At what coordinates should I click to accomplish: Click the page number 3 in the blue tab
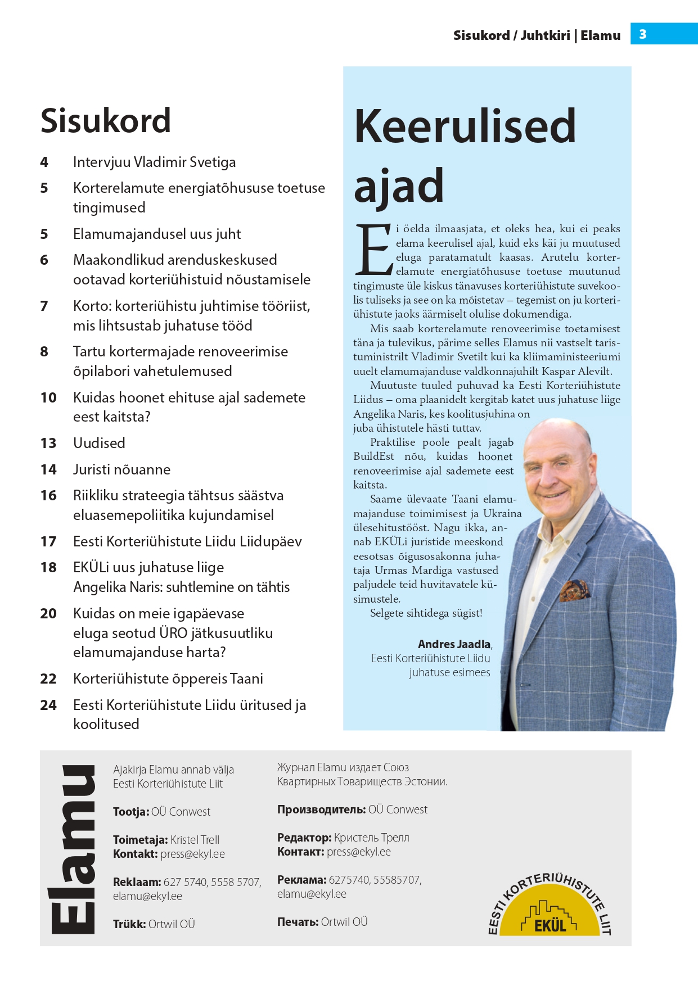642,34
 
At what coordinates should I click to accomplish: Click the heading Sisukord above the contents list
106,121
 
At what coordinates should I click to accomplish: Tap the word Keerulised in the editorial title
465,126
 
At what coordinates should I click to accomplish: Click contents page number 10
48,398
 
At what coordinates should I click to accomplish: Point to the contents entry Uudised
99,443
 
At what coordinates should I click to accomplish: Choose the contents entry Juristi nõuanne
121,469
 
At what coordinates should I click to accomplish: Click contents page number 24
48,705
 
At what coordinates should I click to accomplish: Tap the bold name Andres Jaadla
454,644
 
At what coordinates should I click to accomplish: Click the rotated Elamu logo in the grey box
73,849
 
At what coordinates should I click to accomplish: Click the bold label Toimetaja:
140,840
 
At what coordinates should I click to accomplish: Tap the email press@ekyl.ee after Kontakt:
192,854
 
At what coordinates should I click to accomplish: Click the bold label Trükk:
129,924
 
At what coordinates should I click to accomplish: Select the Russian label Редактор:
304,838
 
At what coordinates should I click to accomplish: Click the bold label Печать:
298,922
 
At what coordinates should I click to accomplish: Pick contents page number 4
44,162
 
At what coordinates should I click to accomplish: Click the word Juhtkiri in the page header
545,35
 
